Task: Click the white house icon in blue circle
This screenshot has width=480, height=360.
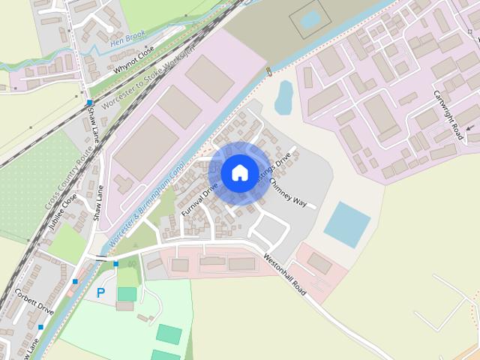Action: [x=239, y=172]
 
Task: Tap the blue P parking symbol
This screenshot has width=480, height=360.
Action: [x=100, y=293]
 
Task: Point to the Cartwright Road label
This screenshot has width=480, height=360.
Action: [x=448, y=115]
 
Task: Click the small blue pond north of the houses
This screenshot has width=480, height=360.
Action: [x=283, y=97]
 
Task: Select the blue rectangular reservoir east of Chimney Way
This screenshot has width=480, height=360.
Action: [x=347, y=223]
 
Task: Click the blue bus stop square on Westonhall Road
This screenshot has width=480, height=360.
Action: [x=115, y=264]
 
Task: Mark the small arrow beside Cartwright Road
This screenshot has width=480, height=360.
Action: [x=470, y=129]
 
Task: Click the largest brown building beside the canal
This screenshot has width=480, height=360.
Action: [x=147, y=147]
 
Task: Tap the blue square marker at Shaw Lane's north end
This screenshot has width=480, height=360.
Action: [x=89, y=103]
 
